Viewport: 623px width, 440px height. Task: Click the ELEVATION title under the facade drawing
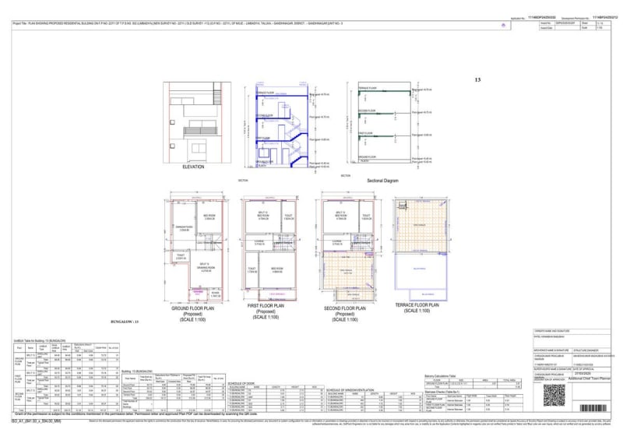(x=193, y=167)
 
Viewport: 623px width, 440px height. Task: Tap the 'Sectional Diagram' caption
(x=382, y=180)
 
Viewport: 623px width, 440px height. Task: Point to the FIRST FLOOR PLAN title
(x=266, y=306)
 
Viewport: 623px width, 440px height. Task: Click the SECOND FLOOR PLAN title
(x=340, y=306)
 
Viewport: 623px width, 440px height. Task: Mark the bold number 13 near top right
(x=477, y=79)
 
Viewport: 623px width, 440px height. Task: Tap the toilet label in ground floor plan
(x=181, y=255)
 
